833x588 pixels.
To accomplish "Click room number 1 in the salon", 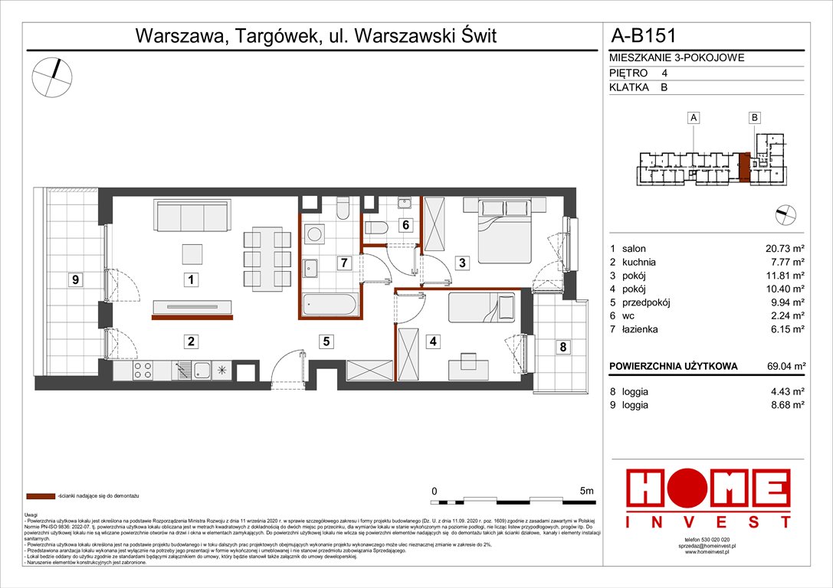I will (190, 280).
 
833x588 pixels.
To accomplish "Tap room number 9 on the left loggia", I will (75, 280).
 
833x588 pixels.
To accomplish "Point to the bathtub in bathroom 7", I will (329, 305).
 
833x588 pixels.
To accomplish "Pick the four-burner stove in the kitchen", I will (143, 371).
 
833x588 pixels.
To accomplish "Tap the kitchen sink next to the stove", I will (201, 371).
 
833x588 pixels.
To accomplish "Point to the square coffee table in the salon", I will (192, 253).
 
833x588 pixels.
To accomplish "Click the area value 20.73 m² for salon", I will (782, 249).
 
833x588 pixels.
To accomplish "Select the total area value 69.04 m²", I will (782, 367).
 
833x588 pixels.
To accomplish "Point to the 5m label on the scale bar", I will (587, 490).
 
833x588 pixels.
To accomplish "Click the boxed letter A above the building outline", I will (693, 118).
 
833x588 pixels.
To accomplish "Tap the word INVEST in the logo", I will (709, 523).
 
